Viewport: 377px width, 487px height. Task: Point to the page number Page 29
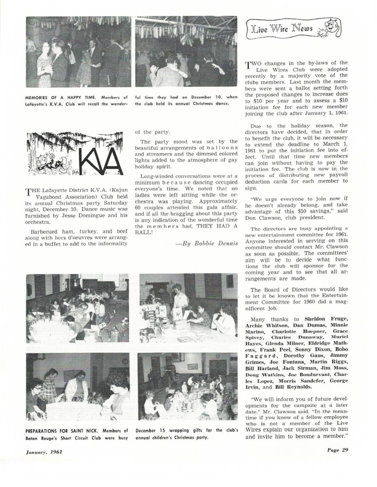[x=337, y=450]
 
